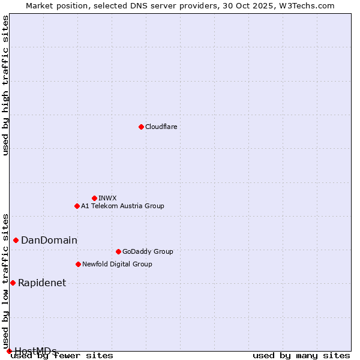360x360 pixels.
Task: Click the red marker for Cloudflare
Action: [x=141, y=127]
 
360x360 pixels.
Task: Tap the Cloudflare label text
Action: [x=161, y=127]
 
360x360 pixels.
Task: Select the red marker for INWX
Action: [x=94, y=198]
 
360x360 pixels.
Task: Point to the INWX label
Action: [x=107, y=198]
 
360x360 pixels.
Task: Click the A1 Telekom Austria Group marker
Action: [x=77, y=206]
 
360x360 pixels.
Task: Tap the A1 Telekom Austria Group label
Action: [x=122, y=206]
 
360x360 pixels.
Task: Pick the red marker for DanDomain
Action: [x=16, y=240]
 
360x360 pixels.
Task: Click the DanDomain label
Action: [x=49, y=241]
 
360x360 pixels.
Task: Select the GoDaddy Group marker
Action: [x=118, y=251]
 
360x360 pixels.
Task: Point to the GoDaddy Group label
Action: [x=148, y=251]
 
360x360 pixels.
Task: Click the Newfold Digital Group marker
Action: [x=78, y=264]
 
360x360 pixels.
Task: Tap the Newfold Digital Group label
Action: [x=117, y=264]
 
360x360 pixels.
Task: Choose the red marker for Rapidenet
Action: [x=13, y=283]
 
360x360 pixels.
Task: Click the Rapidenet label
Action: [x=42, y=283]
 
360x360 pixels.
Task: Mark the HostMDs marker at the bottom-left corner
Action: [x=9, y=351]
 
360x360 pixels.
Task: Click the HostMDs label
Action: [x=35, y=351]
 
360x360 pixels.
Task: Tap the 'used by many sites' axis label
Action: [x=301, y=356]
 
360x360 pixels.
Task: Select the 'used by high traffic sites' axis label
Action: [x=6, y=85]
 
